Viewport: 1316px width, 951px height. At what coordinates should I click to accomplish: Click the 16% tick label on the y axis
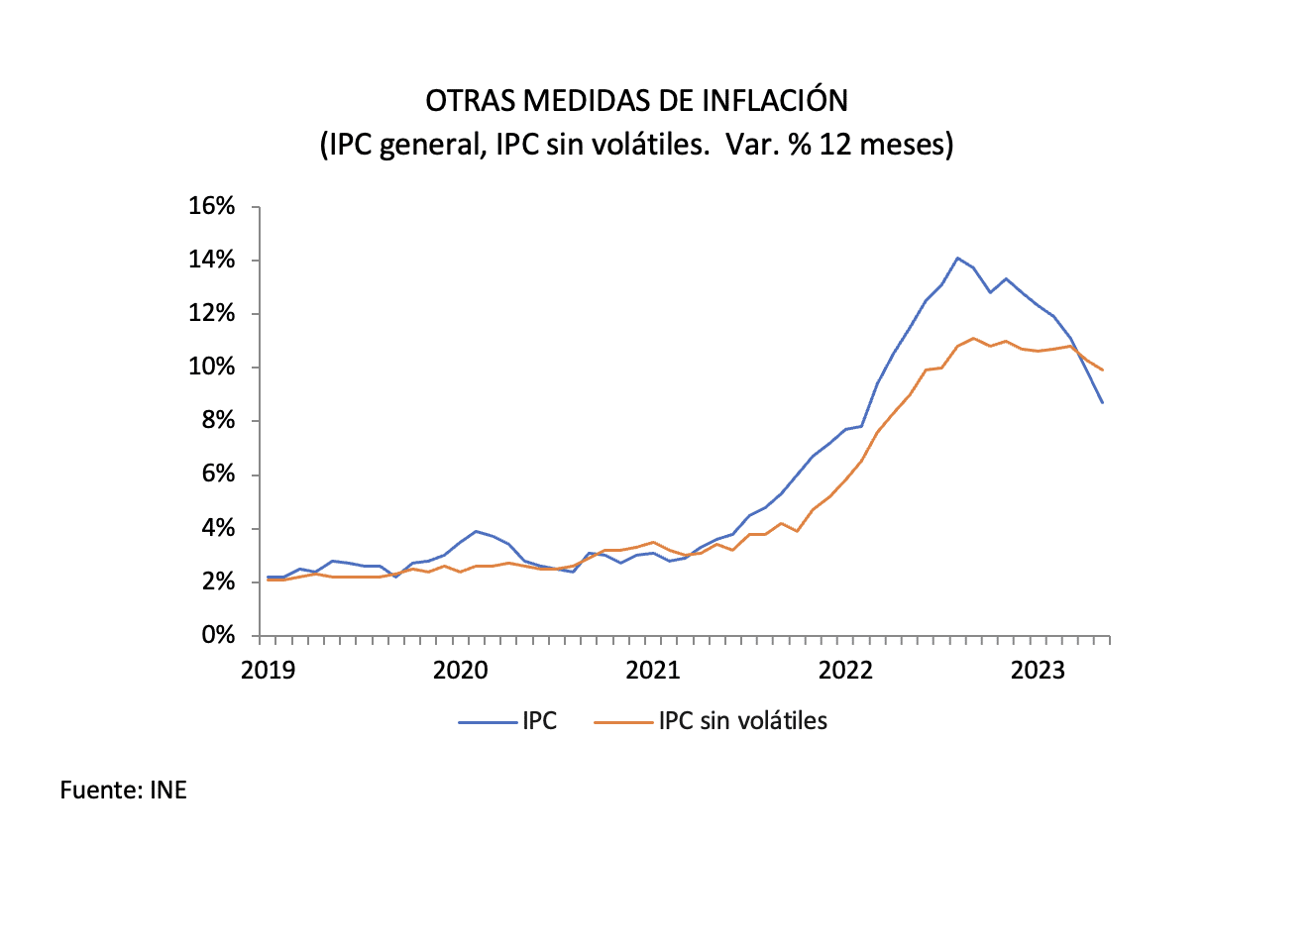[x=211, y=206]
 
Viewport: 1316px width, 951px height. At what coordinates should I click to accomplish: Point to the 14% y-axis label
[x=211, y=260]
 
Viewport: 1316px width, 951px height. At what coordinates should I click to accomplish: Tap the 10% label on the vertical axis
[x=211, y=367]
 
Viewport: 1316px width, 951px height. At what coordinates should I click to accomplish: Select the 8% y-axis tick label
[x=218, y=420]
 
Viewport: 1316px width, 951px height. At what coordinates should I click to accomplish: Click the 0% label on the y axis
[x=218, y=635]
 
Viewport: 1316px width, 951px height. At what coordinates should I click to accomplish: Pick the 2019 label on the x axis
[x=268, y=671]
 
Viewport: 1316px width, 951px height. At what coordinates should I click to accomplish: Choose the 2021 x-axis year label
[x=653, y=671]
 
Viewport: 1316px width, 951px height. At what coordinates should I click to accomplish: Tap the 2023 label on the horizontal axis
[x=1038, y=671]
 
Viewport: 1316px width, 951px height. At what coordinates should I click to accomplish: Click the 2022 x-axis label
[x=845, y=671]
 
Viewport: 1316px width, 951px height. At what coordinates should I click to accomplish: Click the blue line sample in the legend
[x=488, y=722]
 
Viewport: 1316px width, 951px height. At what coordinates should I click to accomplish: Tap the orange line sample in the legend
[x=623, y=722]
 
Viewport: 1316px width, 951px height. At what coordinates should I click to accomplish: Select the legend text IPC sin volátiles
[x=742, y=721]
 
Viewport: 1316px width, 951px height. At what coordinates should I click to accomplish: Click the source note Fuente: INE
[x=123, y=791]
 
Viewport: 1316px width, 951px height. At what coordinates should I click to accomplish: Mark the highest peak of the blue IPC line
[x=957, y=258]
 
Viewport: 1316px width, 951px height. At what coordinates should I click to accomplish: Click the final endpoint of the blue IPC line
[x=1102, y=402]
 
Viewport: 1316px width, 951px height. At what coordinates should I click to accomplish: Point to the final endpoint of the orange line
[x=1102, y=370]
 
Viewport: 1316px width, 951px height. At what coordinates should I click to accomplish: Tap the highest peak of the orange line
[x=973, y=338]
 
